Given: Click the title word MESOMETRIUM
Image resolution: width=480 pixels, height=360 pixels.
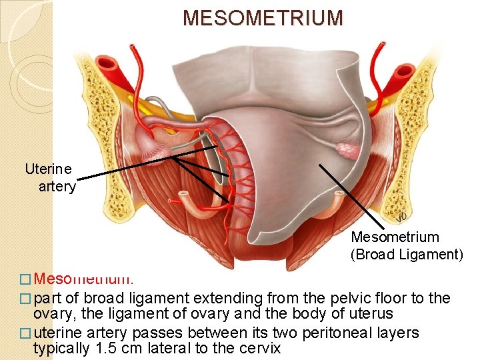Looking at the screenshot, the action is [263, 18].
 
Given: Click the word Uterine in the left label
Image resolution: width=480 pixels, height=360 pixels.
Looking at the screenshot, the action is [48, 169].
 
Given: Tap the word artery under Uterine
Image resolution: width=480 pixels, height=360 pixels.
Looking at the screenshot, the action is [57, 187].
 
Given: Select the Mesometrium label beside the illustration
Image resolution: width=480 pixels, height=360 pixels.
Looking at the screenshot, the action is [395, 237].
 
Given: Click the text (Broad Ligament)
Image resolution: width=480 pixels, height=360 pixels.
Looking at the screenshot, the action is [407, 253].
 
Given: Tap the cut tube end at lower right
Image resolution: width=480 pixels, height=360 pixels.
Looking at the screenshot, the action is [340, 197].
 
